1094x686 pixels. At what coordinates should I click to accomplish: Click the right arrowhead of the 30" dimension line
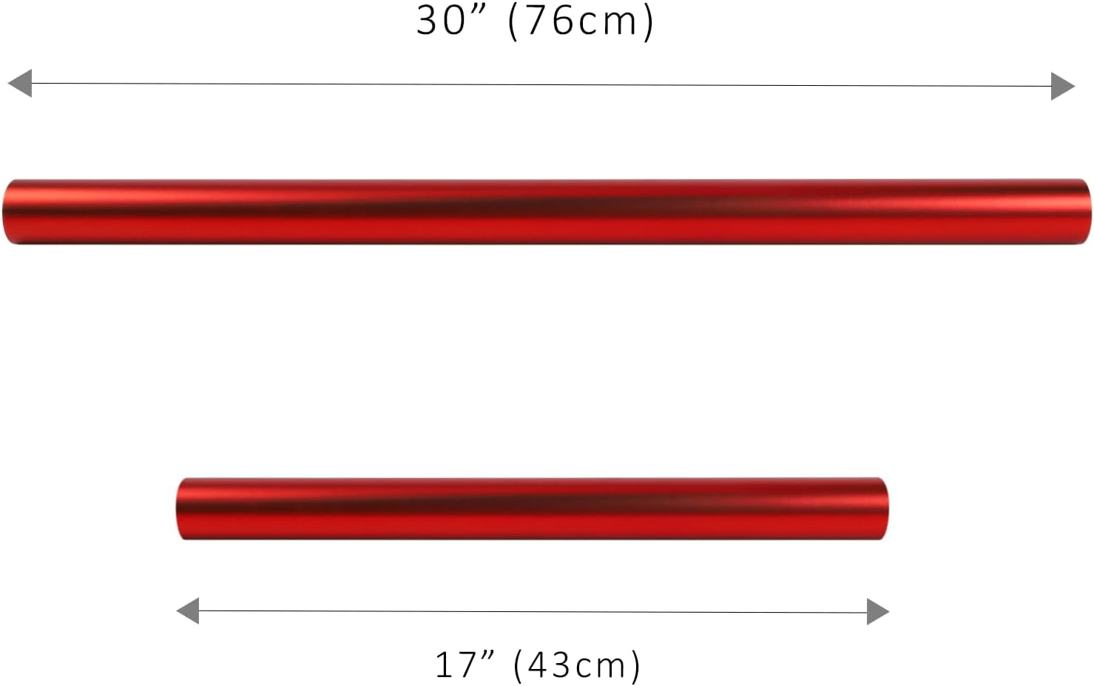click(x=1062, y=86)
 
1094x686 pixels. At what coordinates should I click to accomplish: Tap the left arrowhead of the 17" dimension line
click(x=188, y=611)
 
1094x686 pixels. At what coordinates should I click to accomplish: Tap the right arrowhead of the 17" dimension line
click(x=877, y=611)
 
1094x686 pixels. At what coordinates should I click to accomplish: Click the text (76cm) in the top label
click(x=581, y=21)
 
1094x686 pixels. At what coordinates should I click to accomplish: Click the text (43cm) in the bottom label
click(x=578, y=665)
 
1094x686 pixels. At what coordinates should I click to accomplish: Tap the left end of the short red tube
click(x=180, y=509)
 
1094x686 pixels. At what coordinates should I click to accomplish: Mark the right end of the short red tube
click(x=883, y=508)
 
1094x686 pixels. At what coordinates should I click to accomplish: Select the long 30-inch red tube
click(x=547, y=212)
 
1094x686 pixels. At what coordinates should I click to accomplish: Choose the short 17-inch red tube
click(x=533, y=508)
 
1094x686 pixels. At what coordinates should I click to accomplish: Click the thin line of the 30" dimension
click(x=540, y=85)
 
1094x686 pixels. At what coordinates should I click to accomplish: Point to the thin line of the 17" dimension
click(x=533, y=612)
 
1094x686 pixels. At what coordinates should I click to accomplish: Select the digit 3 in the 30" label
click(x=428, y=20)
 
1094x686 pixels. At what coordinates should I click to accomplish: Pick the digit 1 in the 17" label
click(x=442, y=664)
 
